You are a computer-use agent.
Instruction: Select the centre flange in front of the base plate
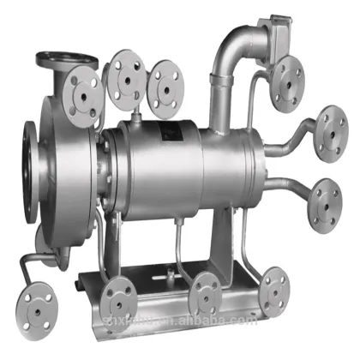207,295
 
